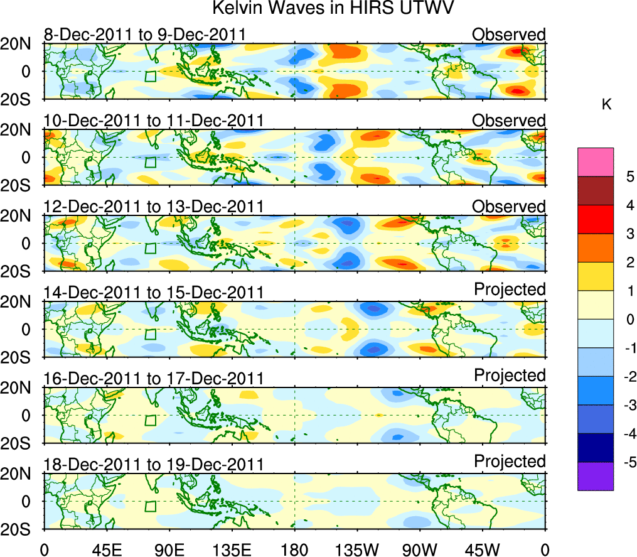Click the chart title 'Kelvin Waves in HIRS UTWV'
tap(332, 9)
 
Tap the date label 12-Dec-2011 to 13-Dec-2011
tap(153, 207)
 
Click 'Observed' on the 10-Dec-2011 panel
tap(509, 120)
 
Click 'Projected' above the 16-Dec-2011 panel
tap(510, 375)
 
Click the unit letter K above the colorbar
tap(606, 104)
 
